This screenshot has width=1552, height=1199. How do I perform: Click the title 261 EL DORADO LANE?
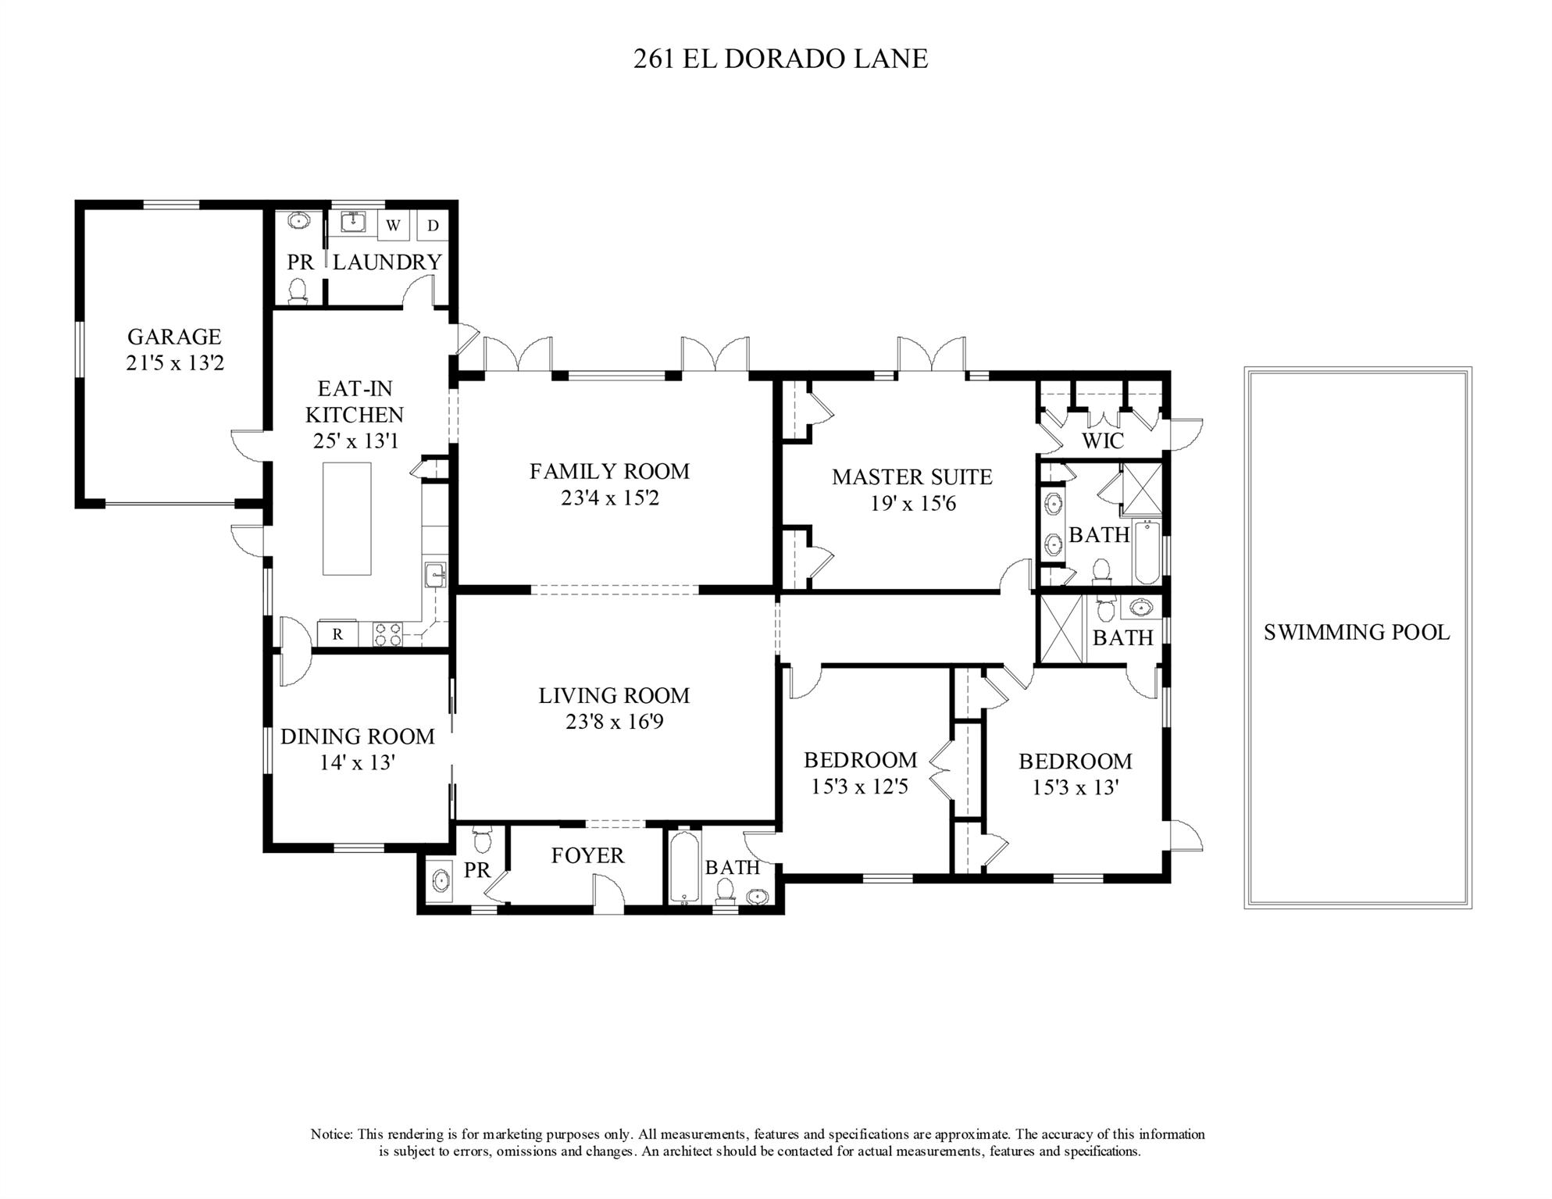coord(780,59)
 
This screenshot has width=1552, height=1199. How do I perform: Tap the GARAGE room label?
coord(174,337)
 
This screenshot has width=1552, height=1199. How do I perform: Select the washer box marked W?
coord(393,226)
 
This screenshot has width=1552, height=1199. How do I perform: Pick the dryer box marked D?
coord(433,226)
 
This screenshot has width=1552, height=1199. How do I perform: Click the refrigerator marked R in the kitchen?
coord(337,634)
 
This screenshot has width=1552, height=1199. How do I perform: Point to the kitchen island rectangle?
coord(347,518)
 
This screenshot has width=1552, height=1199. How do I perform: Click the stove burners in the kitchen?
coord(388,633)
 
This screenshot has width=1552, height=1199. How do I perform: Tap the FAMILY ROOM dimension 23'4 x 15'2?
coord(609,498)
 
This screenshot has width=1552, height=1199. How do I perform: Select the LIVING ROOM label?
coord(614,695)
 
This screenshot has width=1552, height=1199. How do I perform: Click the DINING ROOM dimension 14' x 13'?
coord(357,762)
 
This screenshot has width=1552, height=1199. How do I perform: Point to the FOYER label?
coord(587,855)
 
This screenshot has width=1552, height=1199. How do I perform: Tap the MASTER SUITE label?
coord(912,476)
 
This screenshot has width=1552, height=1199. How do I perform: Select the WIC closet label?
coord(1102,441)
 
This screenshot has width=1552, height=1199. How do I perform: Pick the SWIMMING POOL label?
coord(1357,632)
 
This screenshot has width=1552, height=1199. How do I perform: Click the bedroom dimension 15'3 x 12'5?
coord(860,786)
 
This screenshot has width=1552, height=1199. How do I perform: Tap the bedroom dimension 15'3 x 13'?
coord(1076,787)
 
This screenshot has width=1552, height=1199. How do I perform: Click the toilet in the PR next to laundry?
coord(298,291)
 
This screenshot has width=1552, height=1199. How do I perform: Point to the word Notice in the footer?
coord(332,1134)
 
